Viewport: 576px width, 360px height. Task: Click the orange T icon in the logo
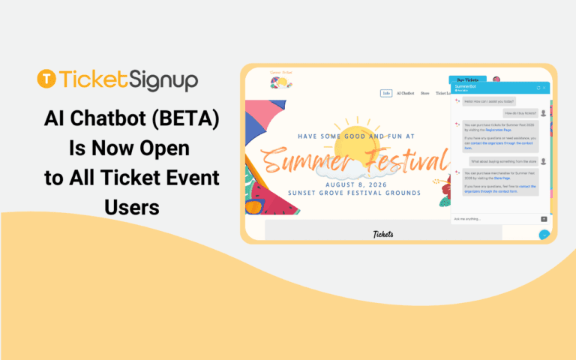tap(46, 79)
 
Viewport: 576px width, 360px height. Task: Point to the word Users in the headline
tap(132, 206)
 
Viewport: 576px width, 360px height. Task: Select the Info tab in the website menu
tap(386, 93)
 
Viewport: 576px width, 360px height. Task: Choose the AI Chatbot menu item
tap(405, 93)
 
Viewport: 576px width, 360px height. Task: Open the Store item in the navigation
tap(425, 93)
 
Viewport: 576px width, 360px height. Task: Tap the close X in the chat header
tap(545, 88)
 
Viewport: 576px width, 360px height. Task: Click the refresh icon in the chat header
tap(538, 88)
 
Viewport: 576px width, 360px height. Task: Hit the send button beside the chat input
tap(544, 219)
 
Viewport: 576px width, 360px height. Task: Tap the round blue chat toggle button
tap(544, 235)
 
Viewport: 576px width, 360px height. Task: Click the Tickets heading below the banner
tap(383, 234)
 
